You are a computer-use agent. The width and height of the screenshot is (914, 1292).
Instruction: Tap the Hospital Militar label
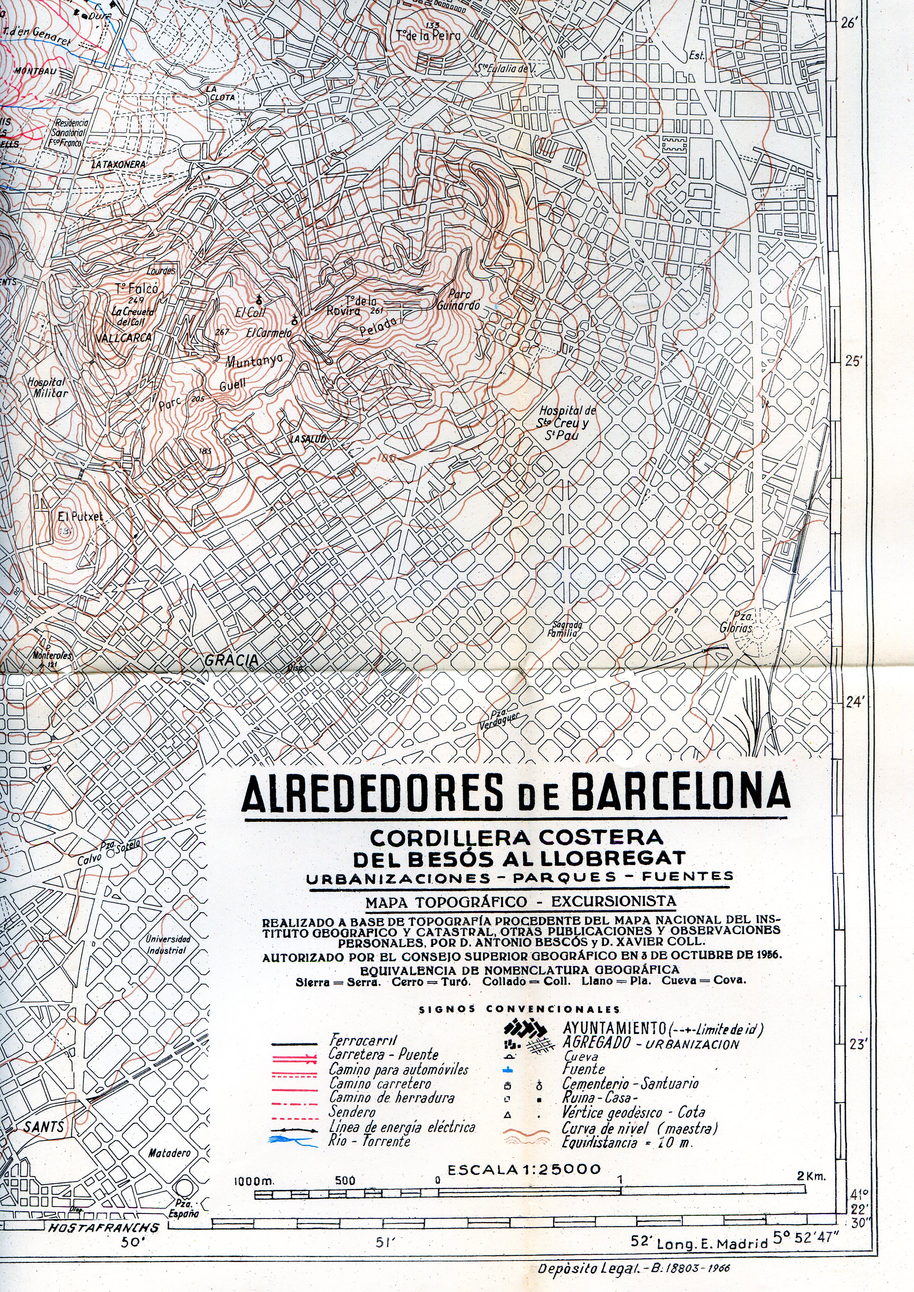pyautogui.click(x=47, y=388)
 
